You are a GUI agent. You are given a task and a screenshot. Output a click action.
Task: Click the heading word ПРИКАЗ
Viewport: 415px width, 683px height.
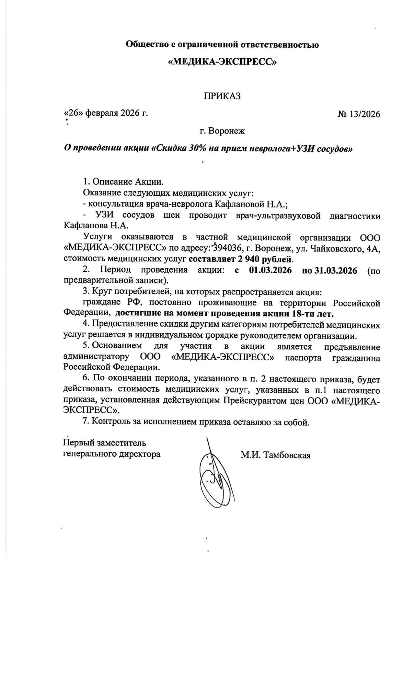[222, 96]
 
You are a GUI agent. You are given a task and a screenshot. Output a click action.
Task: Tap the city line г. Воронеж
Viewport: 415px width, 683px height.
[222, 131]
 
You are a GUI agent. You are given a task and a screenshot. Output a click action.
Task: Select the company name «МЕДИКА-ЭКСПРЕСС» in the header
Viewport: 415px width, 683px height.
[222, 62]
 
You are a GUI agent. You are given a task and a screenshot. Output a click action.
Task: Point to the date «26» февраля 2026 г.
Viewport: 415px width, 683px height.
[106, 113]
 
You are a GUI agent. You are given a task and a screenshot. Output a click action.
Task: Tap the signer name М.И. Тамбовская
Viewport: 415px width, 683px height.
[275, 455]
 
